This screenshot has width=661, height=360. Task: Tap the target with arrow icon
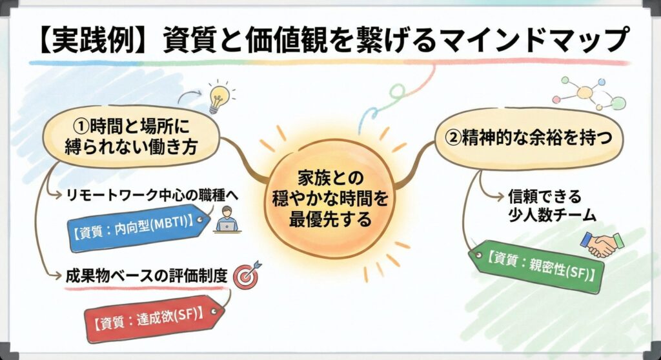coord(247,275)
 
